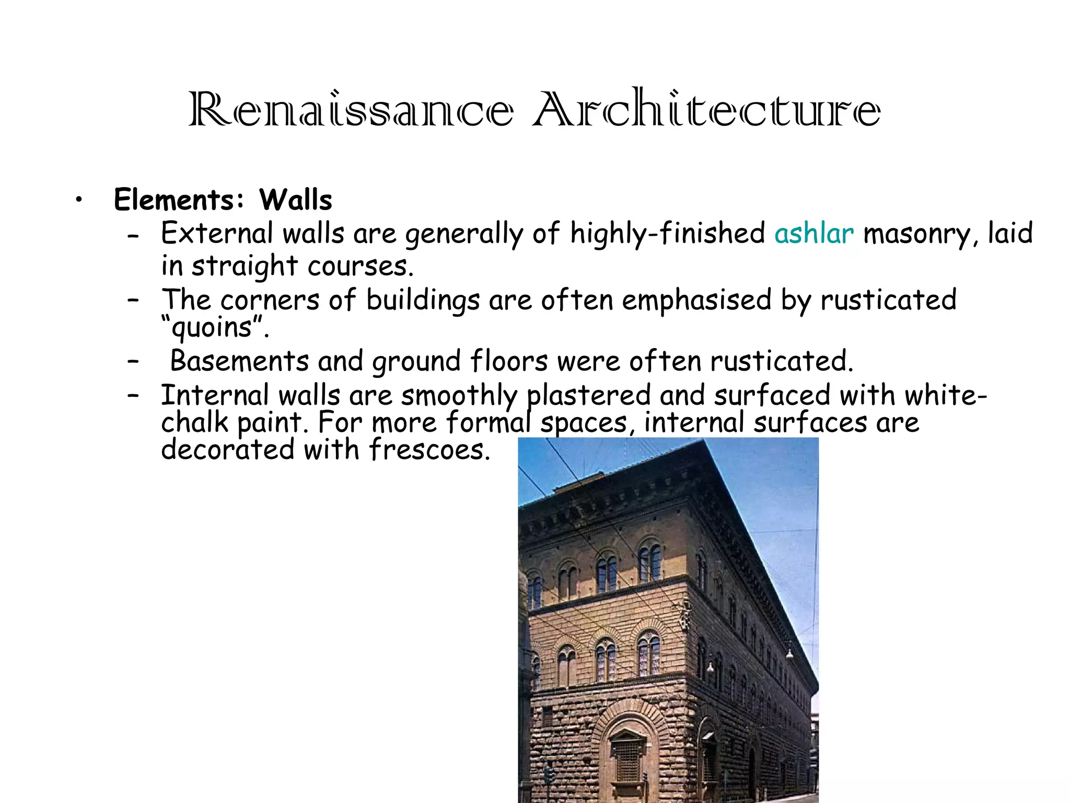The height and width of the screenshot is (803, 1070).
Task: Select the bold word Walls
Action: (x=296, y=200)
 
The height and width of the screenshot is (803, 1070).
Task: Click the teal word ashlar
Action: (x=814, y=233)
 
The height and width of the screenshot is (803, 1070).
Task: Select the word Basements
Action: (x=239, y=361)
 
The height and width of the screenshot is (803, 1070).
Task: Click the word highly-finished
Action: (x=667, y=233)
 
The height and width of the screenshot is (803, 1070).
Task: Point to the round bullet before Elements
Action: (x=78, y=200)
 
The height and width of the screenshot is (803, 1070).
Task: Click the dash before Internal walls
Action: (x=133, y=395)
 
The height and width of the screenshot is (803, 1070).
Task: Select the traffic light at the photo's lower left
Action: (x=548, y=774)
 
